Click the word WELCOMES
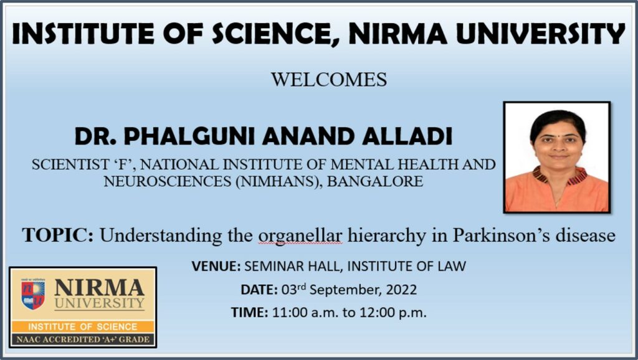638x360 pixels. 328,80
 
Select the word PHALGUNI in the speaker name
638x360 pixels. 184,136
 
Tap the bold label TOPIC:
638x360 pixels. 58,235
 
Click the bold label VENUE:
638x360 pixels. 216,267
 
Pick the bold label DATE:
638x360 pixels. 258,290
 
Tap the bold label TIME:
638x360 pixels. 250,313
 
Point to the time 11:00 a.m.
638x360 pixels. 297,313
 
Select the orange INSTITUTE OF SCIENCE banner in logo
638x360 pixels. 82,326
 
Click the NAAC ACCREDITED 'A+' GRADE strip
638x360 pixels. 82,339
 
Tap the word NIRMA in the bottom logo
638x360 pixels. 99,288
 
